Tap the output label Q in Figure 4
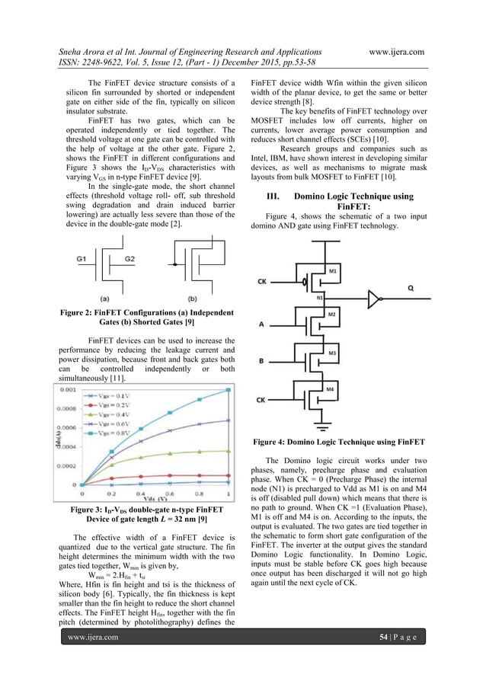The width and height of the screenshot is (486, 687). (432, 289)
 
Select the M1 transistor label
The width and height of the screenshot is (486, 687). (334, 271)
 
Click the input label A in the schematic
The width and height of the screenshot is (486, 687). (261, 323)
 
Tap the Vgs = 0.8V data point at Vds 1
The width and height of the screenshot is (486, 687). (229, 390)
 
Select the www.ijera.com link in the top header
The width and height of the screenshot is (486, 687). (395, 50)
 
